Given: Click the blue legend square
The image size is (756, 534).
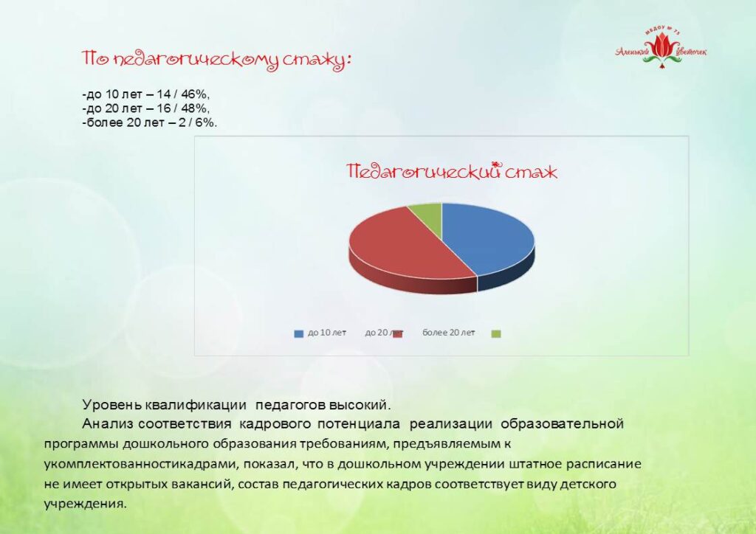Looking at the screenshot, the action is point(298,333).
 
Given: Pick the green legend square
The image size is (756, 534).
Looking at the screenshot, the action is point(495,333).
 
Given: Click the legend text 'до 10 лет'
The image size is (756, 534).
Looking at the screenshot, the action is point(327,333).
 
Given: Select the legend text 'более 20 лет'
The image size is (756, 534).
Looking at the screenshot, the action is point(448,333).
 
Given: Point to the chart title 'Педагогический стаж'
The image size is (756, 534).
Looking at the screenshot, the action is point(452,172).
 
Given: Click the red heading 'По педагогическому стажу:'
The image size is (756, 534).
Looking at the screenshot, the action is point(216,60).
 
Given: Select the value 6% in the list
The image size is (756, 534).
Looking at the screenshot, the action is point(206,122).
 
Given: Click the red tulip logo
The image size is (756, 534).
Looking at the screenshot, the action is point(661,48).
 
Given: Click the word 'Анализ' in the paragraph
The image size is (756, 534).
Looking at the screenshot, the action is point(108,424).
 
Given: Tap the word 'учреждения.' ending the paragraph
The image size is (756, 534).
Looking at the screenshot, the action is point(86,504).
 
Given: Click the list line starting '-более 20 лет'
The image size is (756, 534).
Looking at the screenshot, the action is point(149,122).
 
